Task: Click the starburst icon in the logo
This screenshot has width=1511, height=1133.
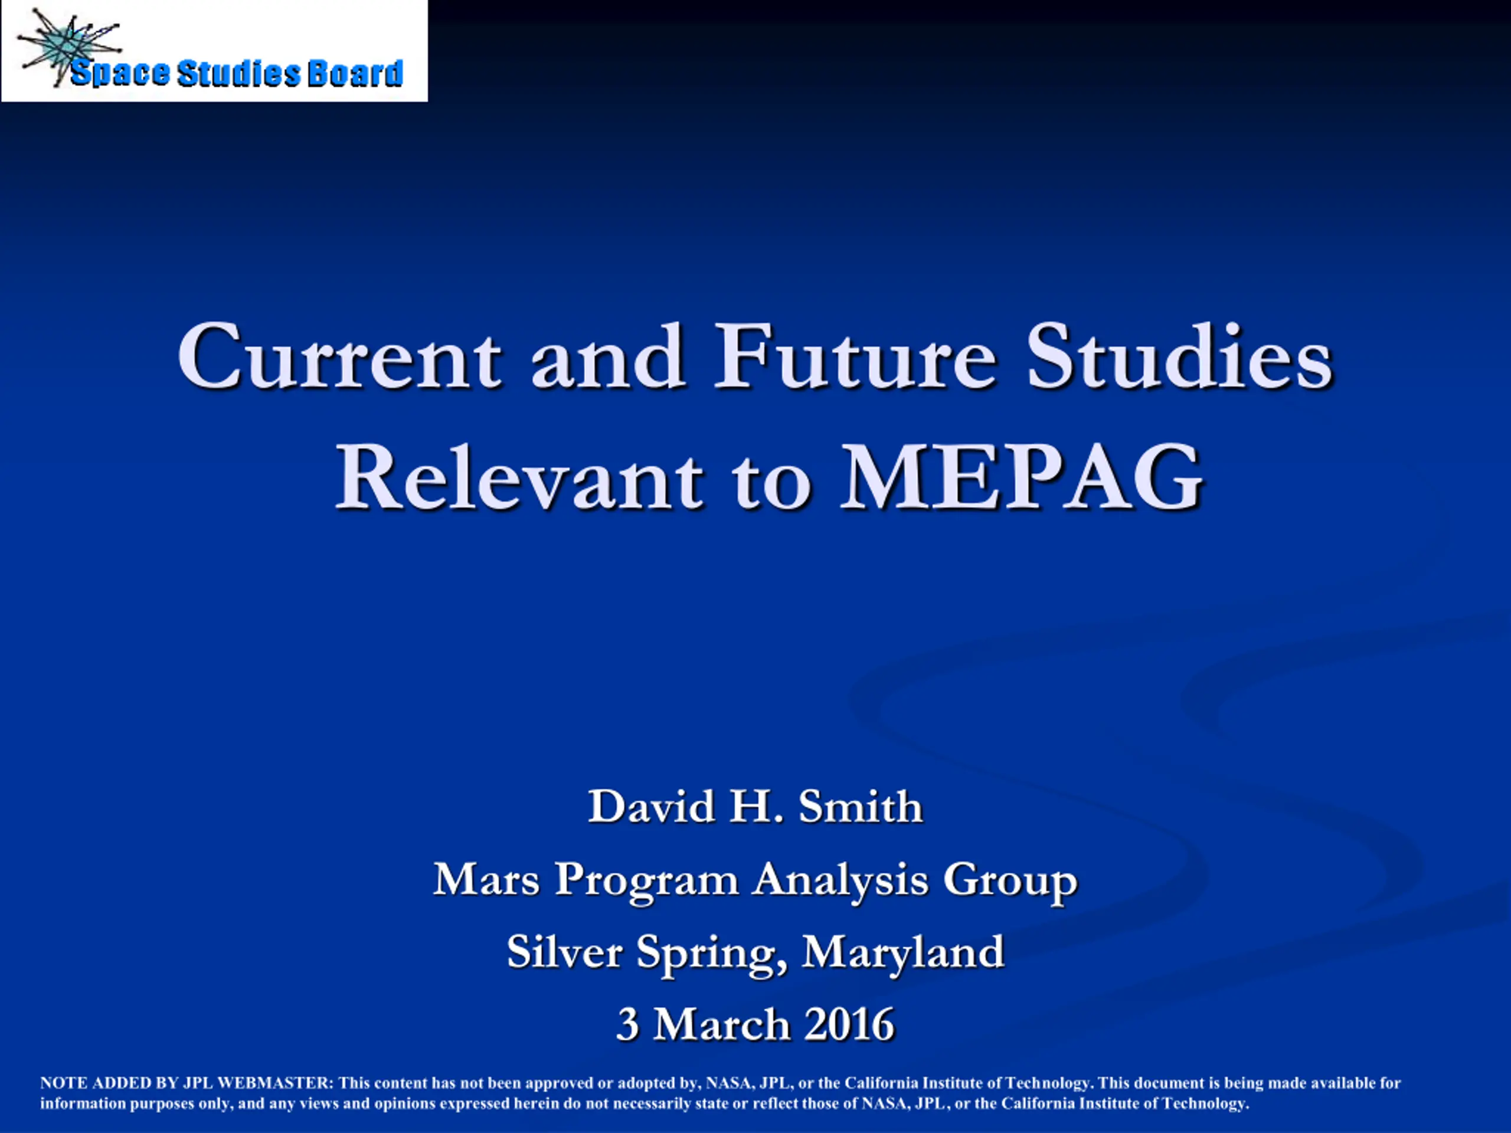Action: coord(68,47)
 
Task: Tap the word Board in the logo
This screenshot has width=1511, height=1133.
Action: coord(355,74)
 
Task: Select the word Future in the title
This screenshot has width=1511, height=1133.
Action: coord(855,356)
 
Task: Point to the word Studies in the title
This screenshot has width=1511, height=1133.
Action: coord(1180,356)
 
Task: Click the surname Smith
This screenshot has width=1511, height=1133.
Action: coord(861,807)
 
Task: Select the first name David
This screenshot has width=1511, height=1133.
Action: coord(652,807)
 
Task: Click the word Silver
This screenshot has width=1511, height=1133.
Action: coord(564,951)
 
